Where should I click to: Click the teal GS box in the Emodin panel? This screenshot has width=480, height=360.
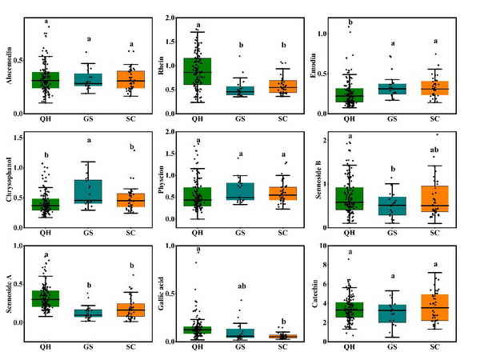(391, 89)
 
